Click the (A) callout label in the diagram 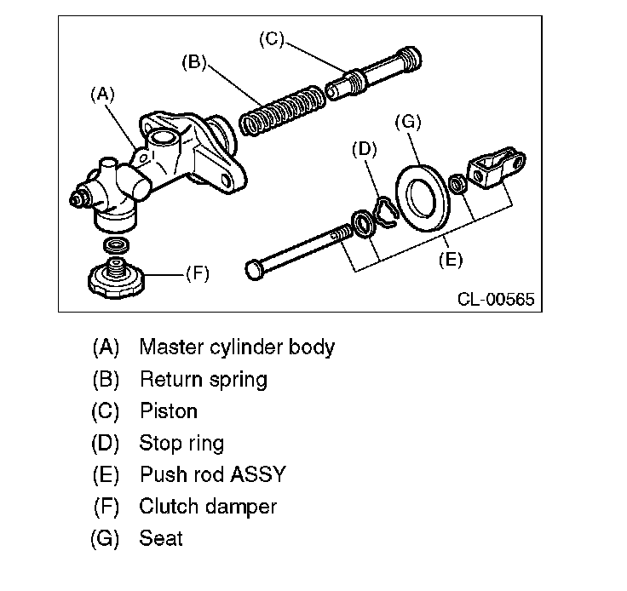[102, 95]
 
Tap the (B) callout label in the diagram [194, 63]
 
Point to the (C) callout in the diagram [272, 39]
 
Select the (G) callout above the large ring [408, 122]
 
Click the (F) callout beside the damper [198, 274]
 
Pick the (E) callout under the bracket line [451, 260]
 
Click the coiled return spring [282, 111]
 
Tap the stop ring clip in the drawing [385, 212]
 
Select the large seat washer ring [423, 198]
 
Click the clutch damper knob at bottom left [117, 278]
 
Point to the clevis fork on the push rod [496, 167]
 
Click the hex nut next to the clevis [457, 184]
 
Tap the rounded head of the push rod [254, 270]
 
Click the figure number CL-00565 [496, 299]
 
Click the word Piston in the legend [169, 410]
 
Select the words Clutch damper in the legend [208, 507]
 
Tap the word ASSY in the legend [258, 474]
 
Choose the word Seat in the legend [161, 538]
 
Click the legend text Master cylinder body [237, 347]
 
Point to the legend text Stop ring [181, 444]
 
